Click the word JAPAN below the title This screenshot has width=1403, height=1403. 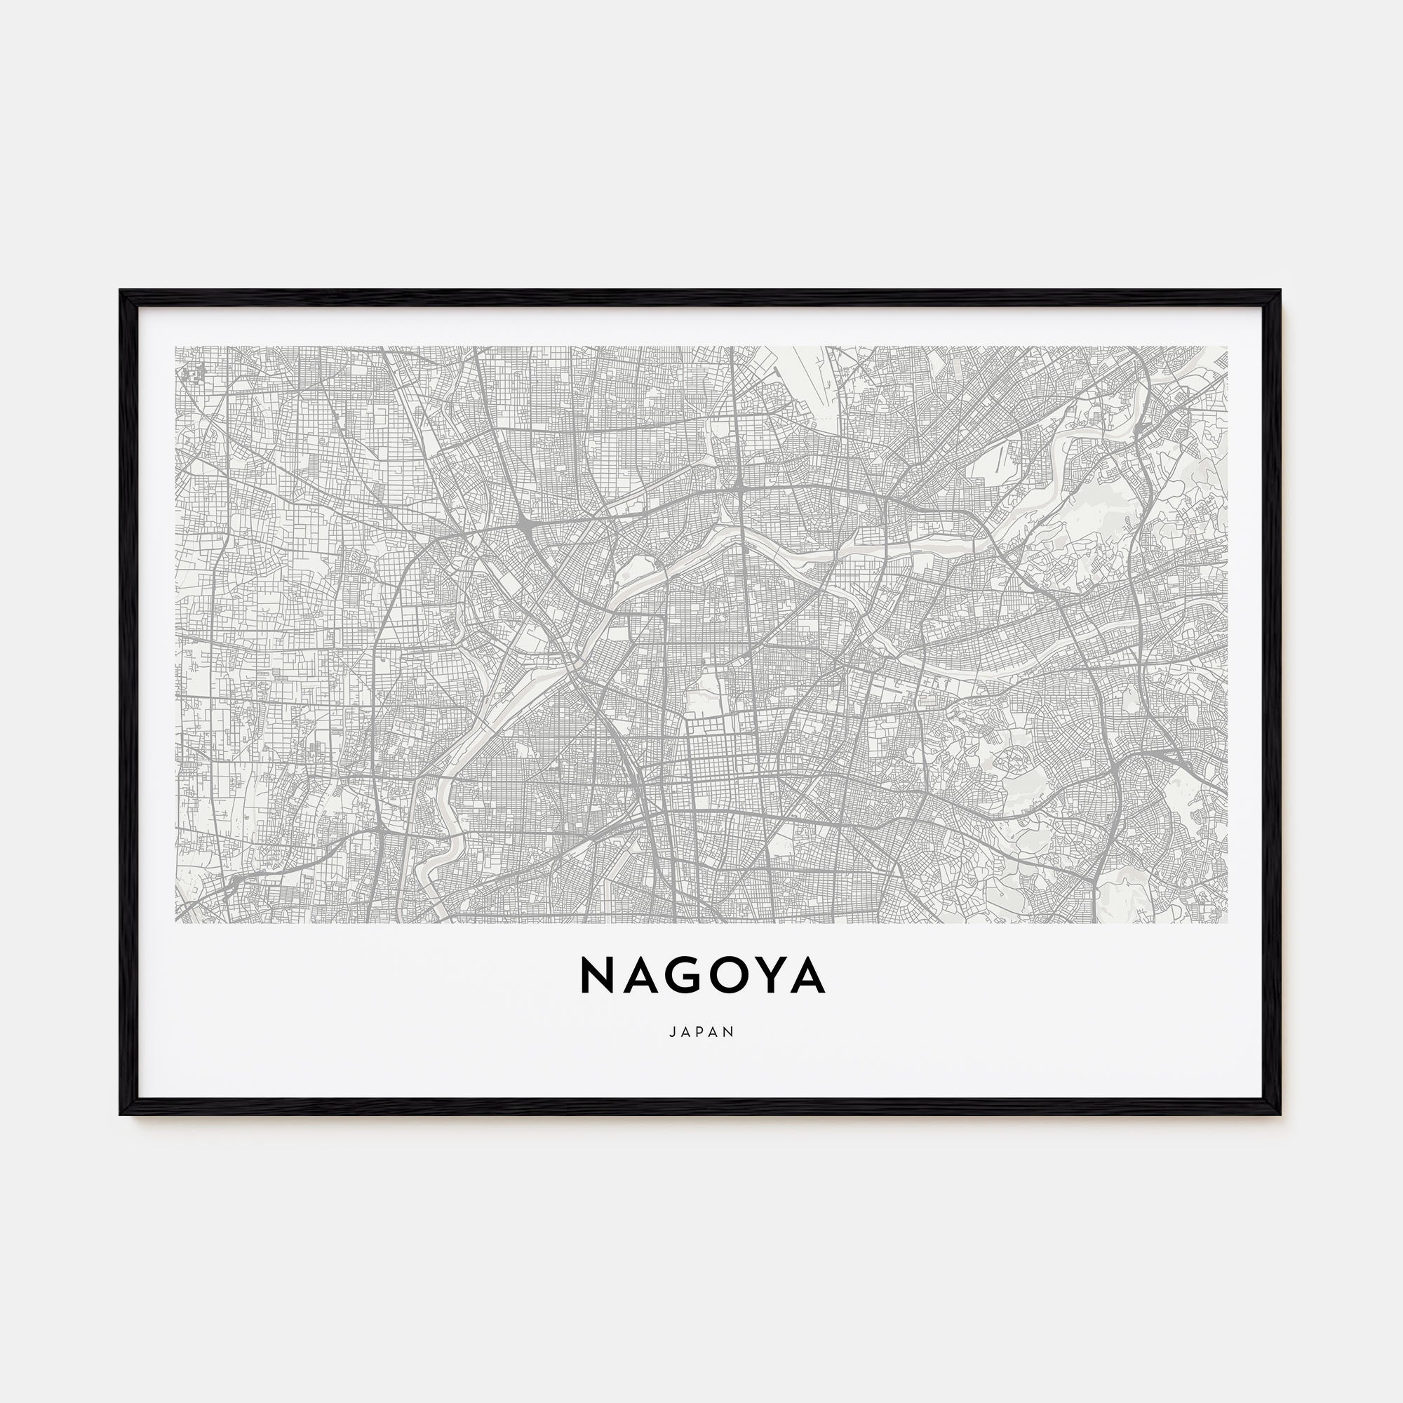(701, 1031)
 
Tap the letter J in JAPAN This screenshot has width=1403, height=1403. (673, 1031)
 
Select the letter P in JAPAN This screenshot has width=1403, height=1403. (701, 1031)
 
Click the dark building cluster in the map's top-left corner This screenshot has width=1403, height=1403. (192, 372)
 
